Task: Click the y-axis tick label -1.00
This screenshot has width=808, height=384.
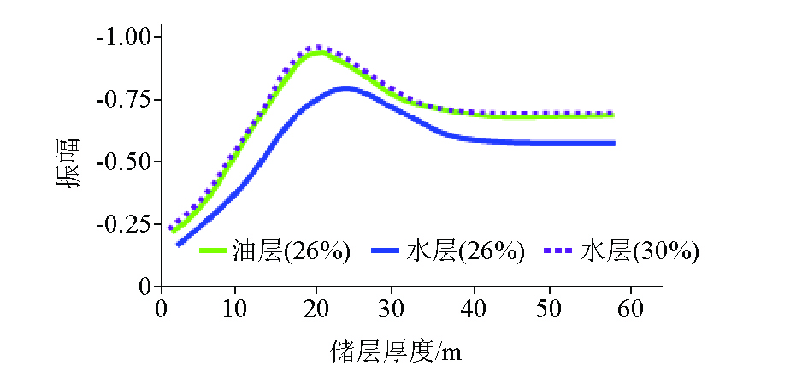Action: click(125, 38)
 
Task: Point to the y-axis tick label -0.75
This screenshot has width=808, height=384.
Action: click(125, 100)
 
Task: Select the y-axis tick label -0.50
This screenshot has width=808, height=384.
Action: click(125, 162)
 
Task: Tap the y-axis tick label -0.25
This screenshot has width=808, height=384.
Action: click(125, 224)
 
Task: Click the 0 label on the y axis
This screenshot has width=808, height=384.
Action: click(146, 287)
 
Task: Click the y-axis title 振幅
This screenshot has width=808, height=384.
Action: click(69, 162)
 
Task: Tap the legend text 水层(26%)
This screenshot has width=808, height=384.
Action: click(465, 251)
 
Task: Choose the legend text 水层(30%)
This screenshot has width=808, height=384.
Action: click(640, 251)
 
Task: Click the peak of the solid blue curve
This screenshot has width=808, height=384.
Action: click(345, 87)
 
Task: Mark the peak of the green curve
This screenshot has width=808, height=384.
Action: click(318, 53)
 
